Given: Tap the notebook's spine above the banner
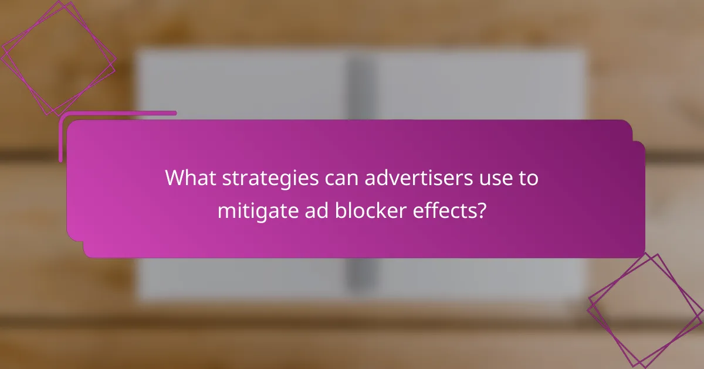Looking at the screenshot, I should (358, 88).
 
